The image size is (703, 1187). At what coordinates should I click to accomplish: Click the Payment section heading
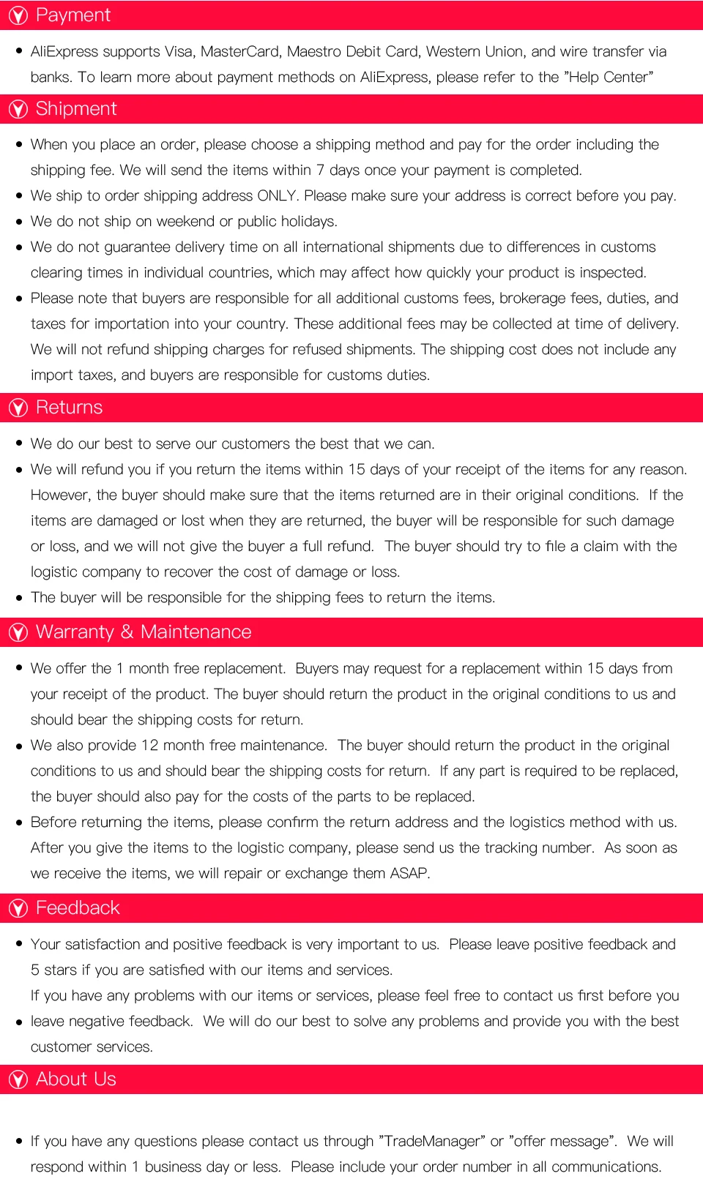tap(72, 15)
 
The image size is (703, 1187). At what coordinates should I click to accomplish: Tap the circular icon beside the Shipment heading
tap(18, 110)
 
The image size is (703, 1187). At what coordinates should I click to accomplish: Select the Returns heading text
tap(69, 408)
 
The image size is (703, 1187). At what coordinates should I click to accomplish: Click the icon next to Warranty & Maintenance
tap(18, 632)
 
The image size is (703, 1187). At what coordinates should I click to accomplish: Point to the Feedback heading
tap(77, 908)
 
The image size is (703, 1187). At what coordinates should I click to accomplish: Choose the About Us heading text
tap(75, 1079)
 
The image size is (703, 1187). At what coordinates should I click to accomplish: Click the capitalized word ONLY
tap(277, 196)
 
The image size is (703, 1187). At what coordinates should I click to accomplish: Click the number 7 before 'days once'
tap(320, 171)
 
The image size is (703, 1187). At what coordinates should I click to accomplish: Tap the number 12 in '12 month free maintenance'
tap(149, 746)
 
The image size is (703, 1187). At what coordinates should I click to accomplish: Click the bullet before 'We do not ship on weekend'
tap(19, 222)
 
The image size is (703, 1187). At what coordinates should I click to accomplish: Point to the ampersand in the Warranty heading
tap(127, 632)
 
